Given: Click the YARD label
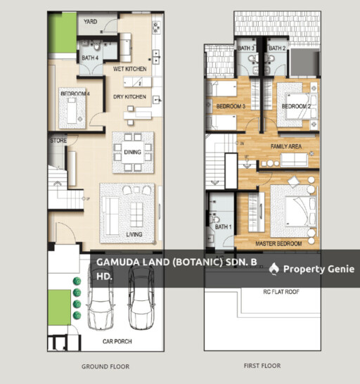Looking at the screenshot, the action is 91,22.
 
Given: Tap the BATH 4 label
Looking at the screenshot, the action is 90,58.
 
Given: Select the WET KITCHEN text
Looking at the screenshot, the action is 130,69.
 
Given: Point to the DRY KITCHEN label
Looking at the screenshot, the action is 129,97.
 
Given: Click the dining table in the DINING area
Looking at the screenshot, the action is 133,152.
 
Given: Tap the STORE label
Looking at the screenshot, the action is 58,141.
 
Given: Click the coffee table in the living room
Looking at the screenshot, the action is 136,215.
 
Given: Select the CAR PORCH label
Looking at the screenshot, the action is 117,341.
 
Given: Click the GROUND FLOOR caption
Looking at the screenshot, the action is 105,366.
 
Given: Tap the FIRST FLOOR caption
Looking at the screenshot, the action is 262,366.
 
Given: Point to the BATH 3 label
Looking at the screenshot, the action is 246,49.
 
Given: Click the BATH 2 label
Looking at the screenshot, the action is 277,49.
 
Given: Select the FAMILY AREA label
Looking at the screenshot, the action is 286,146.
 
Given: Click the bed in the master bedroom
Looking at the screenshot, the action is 302,211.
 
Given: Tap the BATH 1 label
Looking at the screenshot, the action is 223,227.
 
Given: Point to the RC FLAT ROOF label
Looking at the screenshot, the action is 281,292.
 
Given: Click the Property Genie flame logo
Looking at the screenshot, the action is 274,269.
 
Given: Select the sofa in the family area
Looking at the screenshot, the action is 294,160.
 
